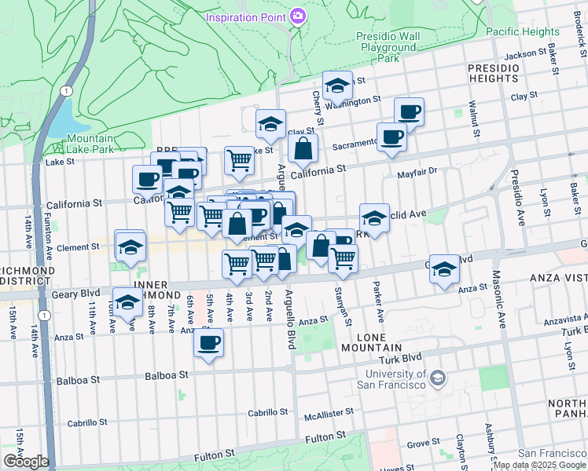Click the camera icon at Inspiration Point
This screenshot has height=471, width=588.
pos(298,16)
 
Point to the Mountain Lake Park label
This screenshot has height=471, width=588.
pos(89,144)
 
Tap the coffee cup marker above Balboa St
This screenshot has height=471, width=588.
pos(208,343)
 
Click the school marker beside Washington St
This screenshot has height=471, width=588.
pos(337,86)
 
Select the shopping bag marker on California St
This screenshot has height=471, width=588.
pos(303,148)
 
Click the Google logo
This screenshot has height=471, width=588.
pos(25,462)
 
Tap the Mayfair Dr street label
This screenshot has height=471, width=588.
pos(417,172)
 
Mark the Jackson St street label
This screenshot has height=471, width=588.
pos(525,54)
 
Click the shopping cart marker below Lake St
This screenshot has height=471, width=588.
pos(240,161)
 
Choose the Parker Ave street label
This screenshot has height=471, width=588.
pos(379,302)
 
